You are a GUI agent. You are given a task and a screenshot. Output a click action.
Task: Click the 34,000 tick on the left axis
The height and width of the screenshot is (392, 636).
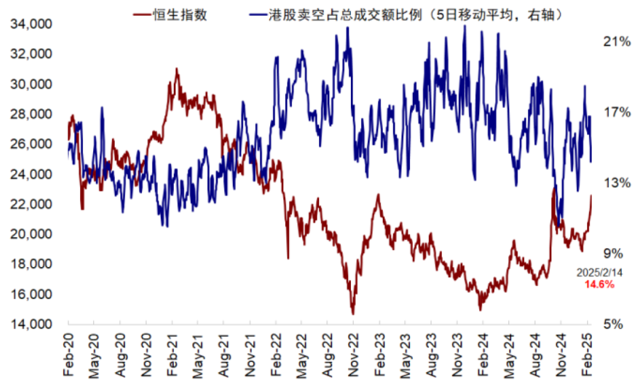[31, 24]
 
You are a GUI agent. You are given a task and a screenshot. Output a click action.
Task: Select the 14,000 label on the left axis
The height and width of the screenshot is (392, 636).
[31, 324]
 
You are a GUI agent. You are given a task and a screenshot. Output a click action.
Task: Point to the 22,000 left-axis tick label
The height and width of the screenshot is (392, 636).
[31, 204]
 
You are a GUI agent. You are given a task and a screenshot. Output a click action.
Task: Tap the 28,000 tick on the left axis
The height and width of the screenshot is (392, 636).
[31, 114]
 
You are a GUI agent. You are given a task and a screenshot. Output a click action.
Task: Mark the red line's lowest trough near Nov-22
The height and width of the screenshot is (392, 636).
[353, 314]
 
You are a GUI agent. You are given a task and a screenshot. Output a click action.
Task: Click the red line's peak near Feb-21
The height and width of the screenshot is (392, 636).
[176, 69]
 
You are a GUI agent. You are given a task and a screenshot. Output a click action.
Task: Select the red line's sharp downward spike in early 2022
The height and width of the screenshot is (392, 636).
[288, 258]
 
